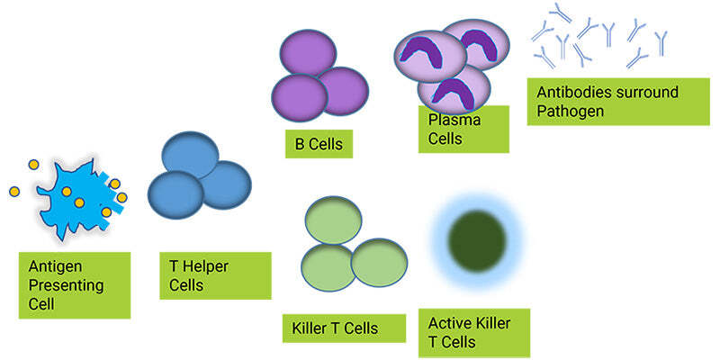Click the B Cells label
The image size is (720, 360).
[319, 144]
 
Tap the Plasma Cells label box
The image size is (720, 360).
[463, 130]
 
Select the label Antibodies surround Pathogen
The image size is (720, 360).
[618, 102]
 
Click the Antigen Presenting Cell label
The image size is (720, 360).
[75, 285]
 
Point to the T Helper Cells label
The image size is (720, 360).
[215, 275]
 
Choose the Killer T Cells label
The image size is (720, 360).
[344, 328]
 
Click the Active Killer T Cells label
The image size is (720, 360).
[474, 333]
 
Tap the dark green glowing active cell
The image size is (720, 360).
[477, 240]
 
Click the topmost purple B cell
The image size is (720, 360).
[308, 53]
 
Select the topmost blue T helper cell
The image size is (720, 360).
[190, 155]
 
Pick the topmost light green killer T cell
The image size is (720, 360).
[333, 220]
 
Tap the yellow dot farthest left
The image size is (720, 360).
[14, 192]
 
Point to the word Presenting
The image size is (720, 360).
[66, 285]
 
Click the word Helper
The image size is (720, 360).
[206, 266]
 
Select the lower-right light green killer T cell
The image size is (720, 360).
[379, 262]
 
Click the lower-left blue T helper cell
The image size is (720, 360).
[175, 194]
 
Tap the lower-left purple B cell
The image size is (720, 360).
[300, 97]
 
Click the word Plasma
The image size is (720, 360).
[454, 121]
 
